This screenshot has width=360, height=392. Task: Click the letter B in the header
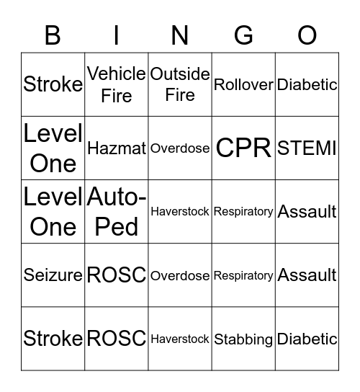tap(53, 35)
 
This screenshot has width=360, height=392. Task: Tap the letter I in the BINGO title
tap(117, 35)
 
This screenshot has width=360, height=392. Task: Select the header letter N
tap(180, 35)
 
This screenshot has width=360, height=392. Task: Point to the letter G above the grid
tap(243, 35)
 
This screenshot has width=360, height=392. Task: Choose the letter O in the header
tap(307, 35)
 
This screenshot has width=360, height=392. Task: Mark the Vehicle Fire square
tap(117, 84)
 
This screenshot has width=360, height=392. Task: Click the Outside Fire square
tap(180, 84)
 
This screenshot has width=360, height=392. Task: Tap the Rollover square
tap(243, 84)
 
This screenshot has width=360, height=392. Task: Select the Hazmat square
tap(117, 148)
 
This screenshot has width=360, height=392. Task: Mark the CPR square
tap(243, 148)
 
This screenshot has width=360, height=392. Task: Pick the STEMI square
tap(307, 148)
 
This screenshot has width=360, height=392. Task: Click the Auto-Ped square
tap(117, 211)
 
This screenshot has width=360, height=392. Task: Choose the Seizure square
tap(53, 275)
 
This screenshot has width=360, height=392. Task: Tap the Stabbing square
tap(243, 339)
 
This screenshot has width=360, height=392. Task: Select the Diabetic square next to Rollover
tap(307, 84)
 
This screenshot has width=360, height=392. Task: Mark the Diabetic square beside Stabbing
tap(307, 339)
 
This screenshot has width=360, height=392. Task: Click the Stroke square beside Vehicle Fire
tap(53, 84)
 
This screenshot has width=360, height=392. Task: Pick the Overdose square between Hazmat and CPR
tap(180, 148)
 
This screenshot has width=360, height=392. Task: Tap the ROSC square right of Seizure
tap(117, 275)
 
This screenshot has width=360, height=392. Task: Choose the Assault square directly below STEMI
tap(307, 211)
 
